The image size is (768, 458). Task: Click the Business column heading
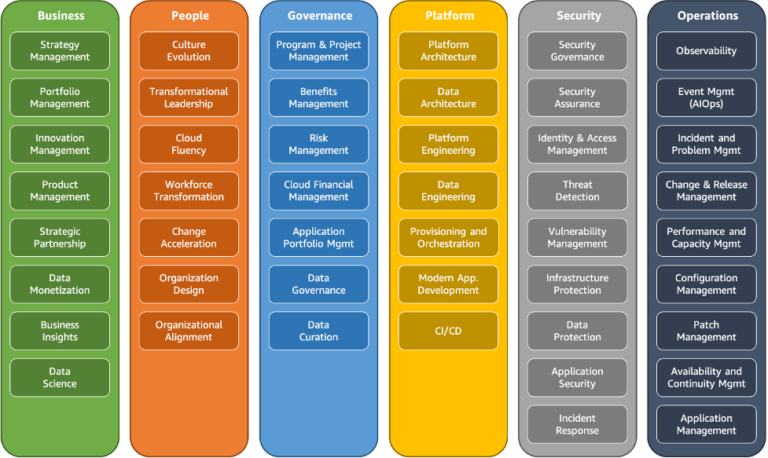(x=60, y=16)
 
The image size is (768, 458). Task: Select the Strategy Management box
(x=60, y=51)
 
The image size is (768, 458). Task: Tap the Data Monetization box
(x=60, y=284)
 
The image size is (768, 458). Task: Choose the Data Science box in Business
(x=60, y=377)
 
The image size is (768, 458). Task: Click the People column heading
(x=189, y=16)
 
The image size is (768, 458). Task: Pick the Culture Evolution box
(x=189, y=51)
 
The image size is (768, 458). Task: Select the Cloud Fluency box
(x=189, y=144)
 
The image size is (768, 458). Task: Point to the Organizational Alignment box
(x=189, y=331)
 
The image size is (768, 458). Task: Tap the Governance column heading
(x=319, y=16)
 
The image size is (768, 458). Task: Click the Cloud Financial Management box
(x=319, y=191)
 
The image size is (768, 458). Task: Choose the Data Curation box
(x=319, y=331)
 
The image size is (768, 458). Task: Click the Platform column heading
(x=448, y=16)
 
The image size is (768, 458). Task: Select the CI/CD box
(x=448, y=331)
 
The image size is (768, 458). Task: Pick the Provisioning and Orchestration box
(x=448, y=237)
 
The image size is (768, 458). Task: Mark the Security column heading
(x=578, y=16)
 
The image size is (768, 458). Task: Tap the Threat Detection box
(x=578, y=191)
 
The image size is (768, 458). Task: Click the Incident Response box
(x=578, y=424)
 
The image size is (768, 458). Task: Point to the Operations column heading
(x=707, y=16)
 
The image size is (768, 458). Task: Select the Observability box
(x=707, y=51)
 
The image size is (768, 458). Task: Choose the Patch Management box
(x=707, y=331)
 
